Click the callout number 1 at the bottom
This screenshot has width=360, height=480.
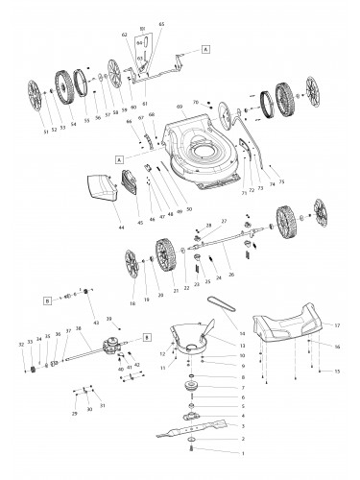coord(243,452)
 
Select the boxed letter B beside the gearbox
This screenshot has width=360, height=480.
coord(147,337)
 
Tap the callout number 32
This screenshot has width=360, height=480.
coord(20,344)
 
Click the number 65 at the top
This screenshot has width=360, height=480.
coord(160,22)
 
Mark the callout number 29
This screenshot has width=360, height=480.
coord(75,412)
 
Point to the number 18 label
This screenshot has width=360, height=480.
coord(132,289)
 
